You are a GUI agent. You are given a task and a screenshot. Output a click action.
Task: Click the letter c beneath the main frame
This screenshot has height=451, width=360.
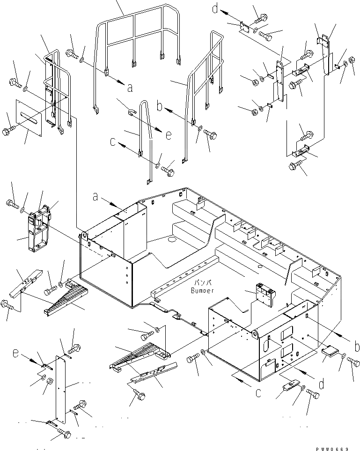[258, 393]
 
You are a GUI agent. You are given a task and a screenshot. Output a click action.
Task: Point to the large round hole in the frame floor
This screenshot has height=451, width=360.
[171, 239]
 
